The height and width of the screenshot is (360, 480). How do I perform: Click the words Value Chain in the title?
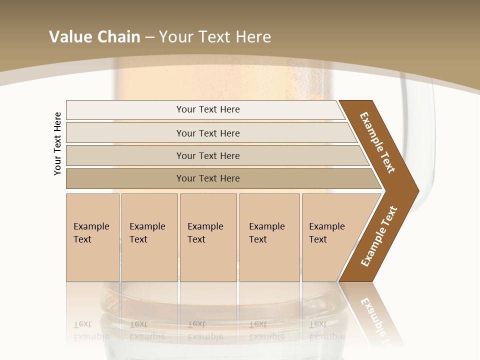click(x=94, y=37)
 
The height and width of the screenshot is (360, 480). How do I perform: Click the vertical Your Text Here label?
click(x=57, y=143)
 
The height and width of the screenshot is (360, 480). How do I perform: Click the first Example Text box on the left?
click(x=92, y=237)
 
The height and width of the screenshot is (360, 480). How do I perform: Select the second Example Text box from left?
click(x=149, y=237)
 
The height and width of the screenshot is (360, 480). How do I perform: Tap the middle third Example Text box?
click(x=208, y=237)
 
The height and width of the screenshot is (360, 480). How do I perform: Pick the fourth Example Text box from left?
click(x=269, y=237)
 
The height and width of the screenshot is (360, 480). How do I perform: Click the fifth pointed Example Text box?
click(x=330, y=237)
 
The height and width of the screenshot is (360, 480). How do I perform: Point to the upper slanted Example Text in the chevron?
click(x=377, y=142)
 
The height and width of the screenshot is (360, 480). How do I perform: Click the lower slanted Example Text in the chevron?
click(x=378, y=236)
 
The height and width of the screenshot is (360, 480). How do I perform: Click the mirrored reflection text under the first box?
click(x=91, y=330)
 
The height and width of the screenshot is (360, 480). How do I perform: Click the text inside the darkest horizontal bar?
click(x=208, y=178)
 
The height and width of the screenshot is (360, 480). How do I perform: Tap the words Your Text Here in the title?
click(x=215, y=37)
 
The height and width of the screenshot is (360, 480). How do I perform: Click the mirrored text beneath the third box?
click(x=205, y=330)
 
